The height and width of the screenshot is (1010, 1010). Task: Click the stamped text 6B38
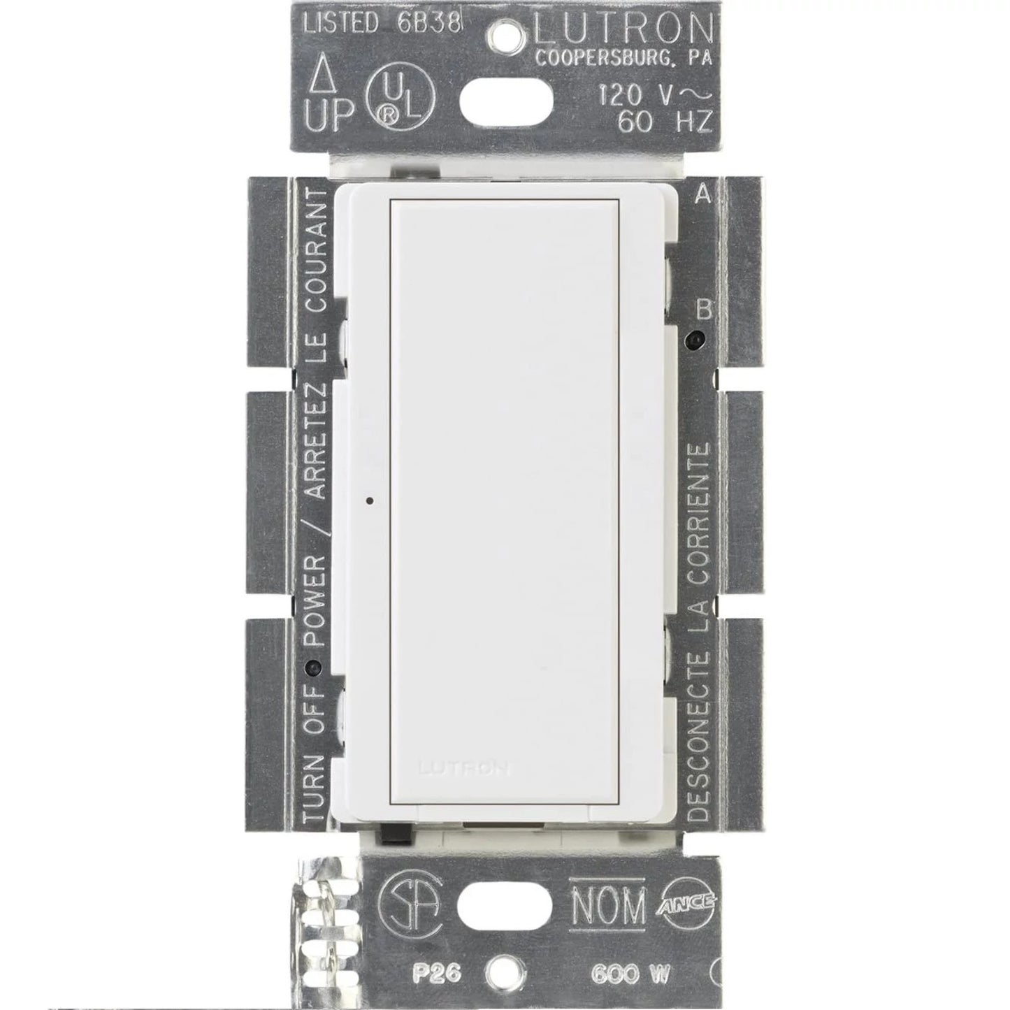point(429,24)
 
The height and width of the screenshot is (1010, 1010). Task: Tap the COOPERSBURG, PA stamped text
point(623,59)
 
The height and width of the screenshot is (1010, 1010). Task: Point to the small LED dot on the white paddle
point(368,500)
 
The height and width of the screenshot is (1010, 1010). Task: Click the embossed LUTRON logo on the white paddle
point(464,769)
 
